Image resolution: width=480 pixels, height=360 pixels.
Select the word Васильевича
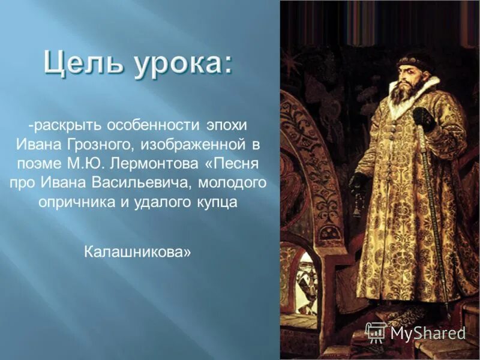coord(124,182)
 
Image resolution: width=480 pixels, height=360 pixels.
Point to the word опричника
coord(70,202)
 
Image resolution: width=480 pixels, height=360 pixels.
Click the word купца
coord(217,202)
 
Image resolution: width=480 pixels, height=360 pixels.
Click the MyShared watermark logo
coord(415,332)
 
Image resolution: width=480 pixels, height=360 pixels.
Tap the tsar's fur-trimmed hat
coord(413,61)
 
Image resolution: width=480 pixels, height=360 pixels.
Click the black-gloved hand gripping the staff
coord(424,118)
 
